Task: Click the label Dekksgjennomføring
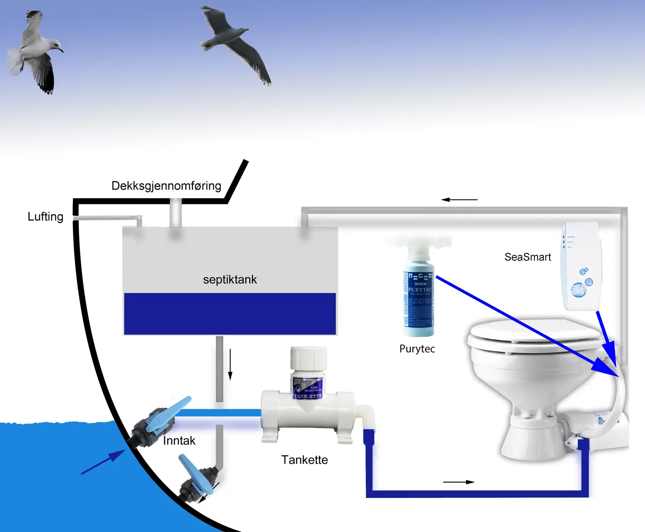pos(166,186)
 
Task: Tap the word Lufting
pos(45,217)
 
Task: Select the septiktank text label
pos(230,279)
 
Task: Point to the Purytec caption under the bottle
pos(417,349)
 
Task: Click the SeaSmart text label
pos(527,257)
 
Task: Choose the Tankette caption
pos(304,460)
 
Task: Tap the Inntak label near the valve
pos(179,441)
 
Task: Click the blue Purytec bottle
pos(418,299)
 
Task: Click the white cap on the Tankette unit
pos(308,358)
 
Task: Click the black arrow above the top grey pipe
pos(459,199)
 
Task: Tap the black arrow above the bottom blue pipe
pos(458,482)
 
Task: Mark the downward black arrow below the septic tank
pos(230,365)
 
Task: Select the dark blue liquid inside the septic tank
pos(230,314)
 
